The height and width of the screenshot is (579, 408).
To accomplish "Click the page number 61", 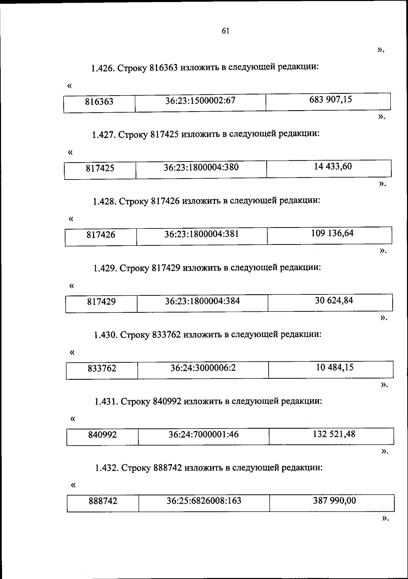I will tap(225, 31).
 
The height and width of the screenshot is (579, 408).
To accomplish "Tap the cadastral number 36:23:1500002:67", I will tap(200, 101).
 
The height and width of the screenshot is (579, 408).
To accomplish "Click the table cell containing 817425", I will tap(100, 168).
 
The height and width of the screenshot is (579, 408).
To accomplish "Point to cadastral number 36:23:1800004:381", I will tap(202, 234).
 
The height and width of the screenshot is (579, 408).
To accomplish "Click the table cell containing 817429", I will tap(101, 302).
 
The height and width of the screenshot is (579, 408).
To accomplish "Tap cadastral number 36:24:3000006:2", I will tap(203, 368).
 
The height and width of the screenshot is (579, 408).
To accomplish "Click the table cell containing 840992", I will tap(102, 435).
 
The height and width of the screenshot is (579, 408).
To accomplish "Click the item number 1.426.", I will tap(102, 68).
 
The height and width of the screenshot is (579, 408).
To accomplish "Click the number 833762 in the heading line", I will tap(166, 335).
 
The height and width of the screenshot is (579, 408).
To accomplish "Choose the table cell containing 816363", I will tap(99, 102).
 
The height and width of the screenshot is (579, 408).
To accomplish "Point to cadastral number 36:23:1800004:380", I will tap(201, 167).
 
